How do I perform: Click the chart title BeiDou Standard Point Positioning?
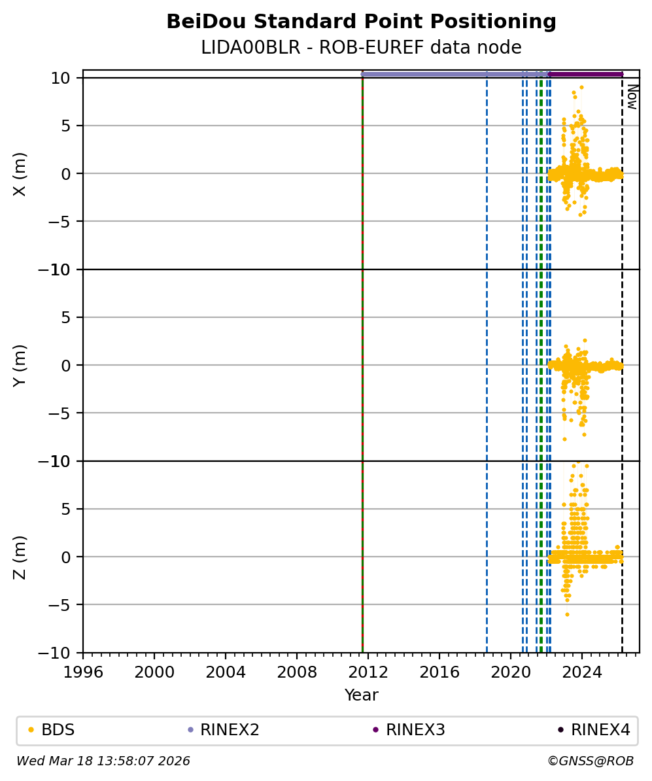tap(361, 22)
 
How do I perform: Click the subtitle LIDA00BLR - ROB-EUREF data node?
tap(361, 48)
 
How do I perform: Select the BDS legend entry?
tap(58, 730)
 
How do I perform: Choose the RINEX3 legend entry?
tap(415, 730)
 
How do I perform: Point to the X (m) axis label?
tap(20, 173)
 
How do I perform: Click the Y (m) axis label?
tap(20, 365)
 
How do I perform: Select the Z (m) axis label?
tap(20, 557)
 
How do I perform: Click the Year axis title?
tap(361, 695)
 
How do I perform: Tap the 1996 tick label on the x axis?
tap(83, 671)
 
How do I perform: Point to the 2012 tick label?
tap(368, 671)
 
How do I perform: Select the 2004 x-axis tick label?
tap(226, 671)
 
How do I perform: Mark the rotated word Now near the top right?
tap(632, 96)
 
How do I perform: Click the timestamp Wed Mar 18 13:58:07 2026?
tap(103, 761)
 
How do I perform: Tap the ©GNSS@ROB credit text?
tap(590, 761)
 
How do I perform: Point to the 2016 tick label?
tap(439, 671)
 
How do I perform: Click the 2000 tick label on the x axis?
tap(154, 671)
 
